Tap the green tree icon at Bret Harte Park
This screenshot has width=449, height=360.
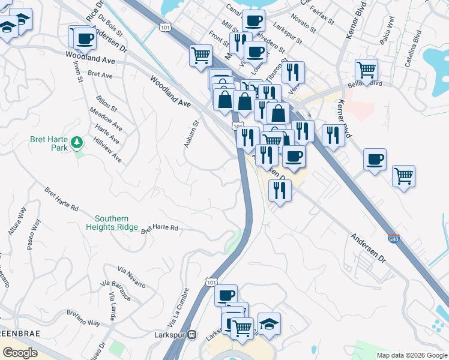pos(76,142)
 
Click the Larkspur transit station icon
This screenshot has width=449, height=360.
pos(192,334)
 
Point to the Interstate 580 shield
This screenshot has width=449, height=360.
pos(393,238)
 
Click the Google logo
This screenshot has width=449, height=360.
pos(20,353)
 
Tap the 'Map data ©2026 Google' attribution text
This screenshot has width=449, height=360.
pos(412,355)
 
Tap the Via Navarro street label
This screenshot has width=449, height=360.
pos(132,277)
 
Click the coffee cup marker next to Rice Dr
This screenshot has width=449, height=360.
pos(84,38)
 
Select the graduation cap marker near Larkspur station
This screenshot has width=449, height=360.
pos(270,323)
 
